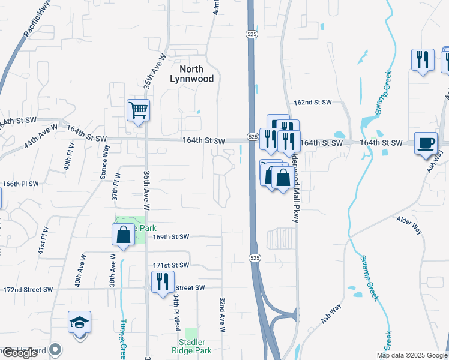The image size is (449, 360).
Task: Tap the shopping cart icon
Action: [138, 111]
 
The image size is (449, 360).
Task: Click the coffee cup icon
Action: [426, 144]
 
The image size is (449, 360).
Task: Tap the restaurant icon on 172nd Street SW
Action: [162, 282]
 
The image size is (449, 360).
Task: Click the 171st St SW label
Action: [171, 265]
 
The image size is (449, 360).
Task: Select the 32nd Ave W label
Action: [221, 314]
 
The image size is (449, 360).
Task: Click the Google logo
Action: [20, 353]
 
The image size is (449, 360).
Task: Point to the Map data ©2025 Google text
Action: [411, 355]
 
